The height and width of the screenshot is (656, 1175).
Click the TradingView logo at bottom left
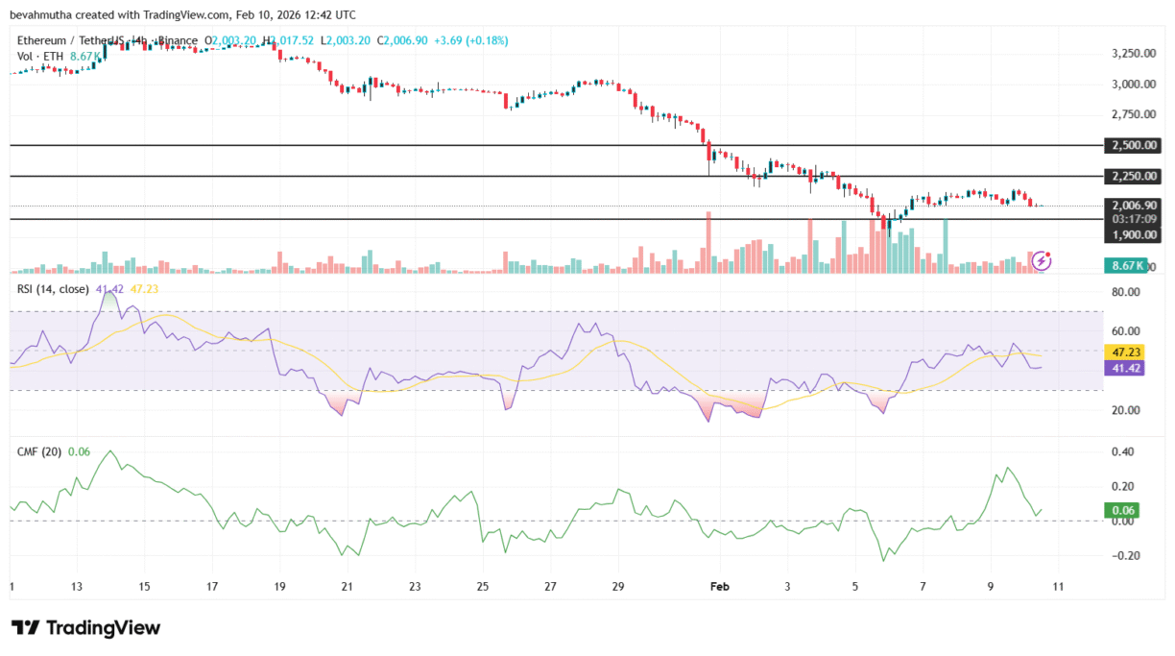[x=85, y=628]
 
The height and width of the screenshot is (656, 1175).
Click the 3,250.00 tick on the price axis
[x=1131, y=54]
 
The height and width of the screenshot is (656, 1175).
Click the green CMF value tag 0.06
[x=1124, y=510]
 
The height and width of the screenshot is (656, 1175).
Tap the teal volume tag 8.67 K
[x=1124, y=265]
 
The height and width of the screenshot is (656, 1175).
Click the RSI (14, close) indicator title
[x=54, y=289]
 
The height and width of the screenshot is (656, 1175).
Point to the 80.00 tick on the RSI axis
[x=1124, y=292]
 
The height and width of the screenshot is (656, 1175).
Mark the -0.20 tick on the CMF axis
[x=1124, y=556]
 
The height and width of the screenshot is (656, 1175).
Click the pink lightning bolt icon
[x=1040, y=260]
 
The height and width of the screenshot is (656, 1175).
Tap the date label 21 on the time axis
[x=347, y=586]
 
